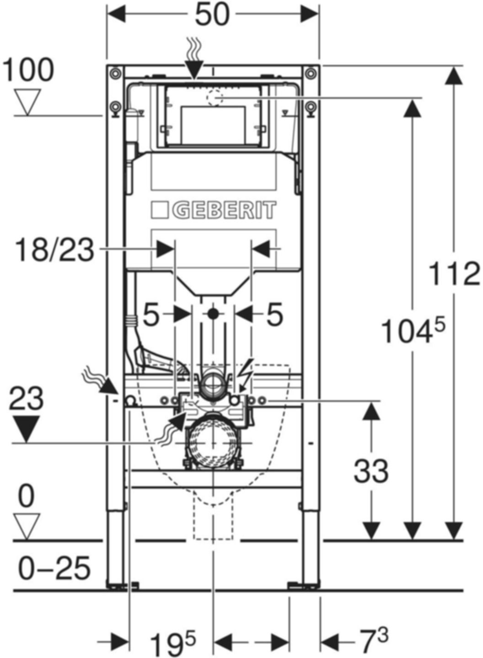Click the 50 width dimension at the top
coord(212,15)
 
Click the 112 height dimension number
coord(454,274)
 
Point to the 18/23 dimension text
coord(54,250)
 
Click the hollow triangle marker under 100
coord(27,102)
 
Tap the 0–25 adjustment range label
coord(54,569)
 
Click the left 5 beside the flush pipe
coord(151,315)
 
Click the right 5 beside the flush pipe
coord(274,315)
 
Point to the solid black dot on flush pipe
coord(213,314)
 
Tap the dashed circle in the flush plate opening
coord(214,97)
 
